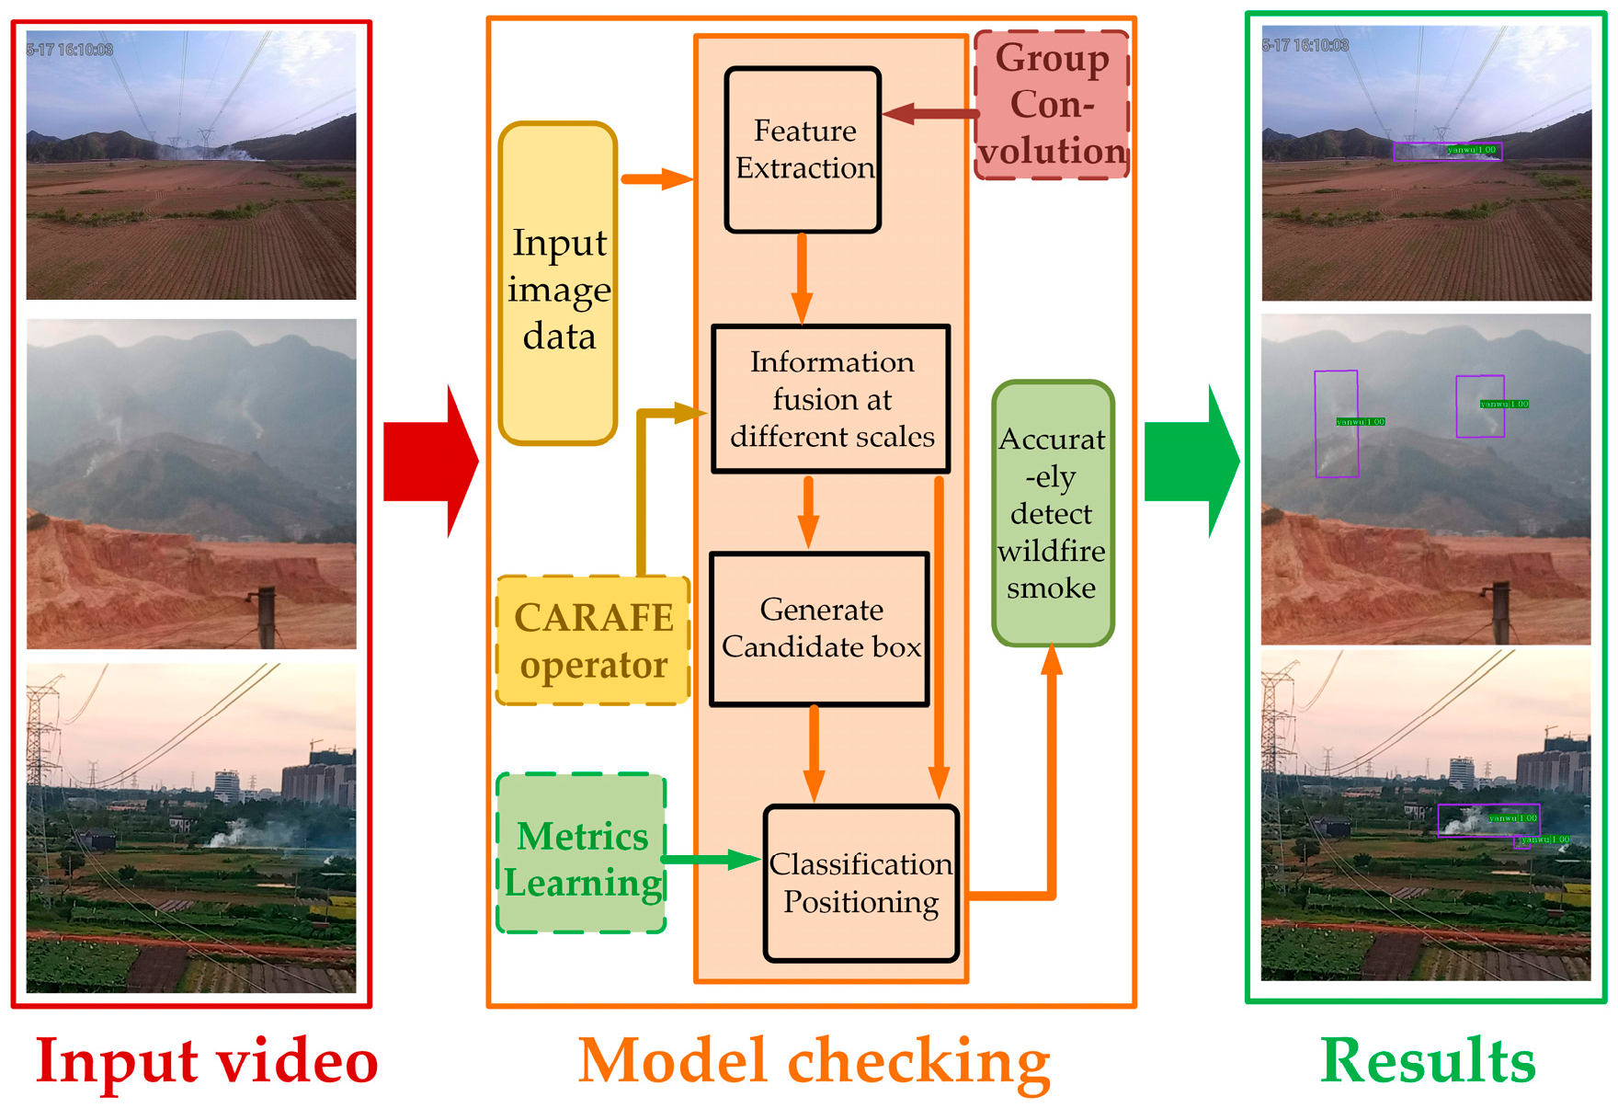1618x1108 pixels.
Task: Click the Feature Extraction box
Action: click(x=803, y=150)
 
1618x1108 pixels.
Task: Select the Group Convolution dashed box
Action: click(x=1052, y=104)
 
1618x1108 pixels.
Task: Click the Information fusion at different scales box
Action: click(x=830, y=399)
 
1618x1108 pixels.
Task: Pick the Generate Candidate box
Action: click(x=820, y=629)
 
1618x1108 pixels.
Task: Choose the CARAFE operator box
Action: click(x=593, y=641)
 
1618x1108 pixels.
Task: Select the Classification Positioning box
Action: click(x=860, y=883)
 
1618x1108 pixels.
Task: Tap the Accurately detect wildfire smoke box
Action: click(x=1052, y=513)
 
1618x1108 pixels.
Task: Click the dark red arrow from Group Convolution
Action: click(x=929, y=114)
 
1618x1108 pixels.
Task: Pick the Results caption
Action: click(x=1427, y=1060)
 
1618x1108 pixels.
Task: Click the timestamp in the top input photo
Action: click(x=70, y=50)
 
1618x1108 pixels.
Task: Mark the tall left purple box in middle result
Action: click(x=1336, y=424)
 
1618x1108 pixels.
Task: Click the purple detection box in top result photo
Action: click(x=1447, y=152)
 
